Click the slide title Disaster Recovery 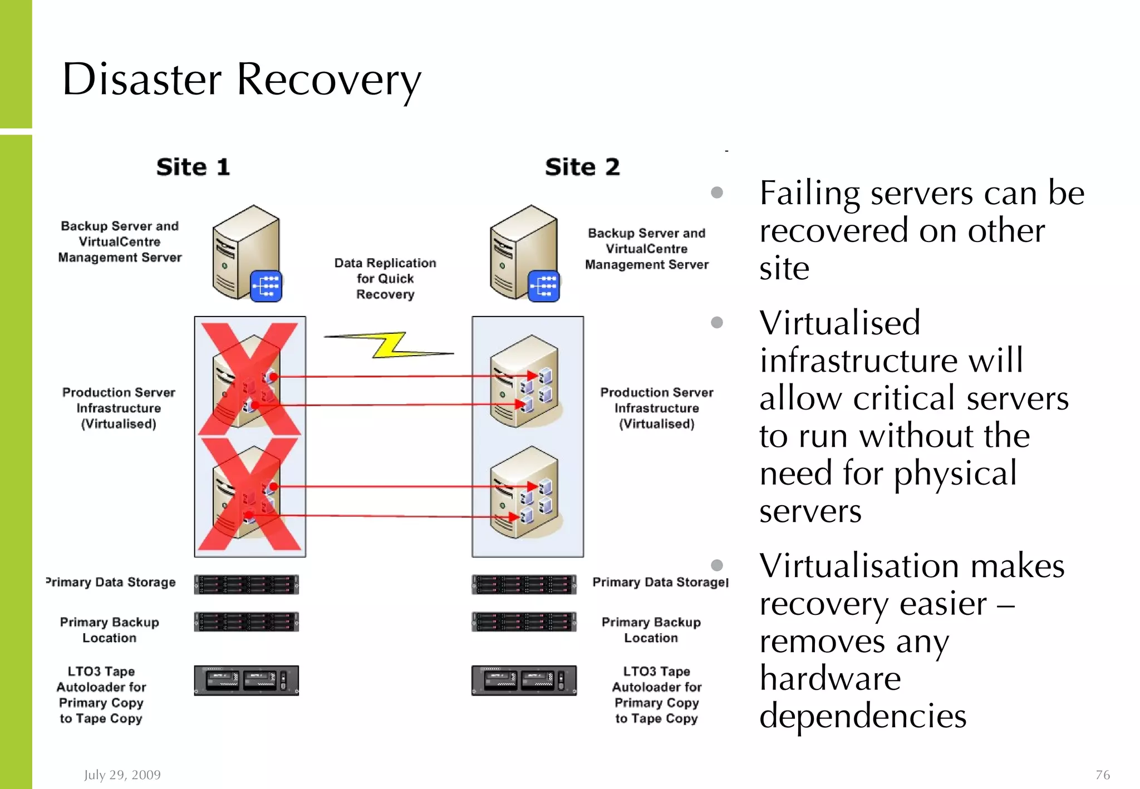tap(241, 80)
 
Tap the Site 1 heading tap(193, 167)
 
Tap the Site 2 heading tap(582, 167)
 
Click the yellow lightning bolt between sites tap(390, 346)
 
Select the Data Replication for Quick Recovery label tap(385, 278)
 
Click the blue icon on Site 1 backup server tap(266, 286)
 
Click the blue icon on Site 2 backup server tap(543, 286)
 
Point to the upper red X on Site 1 tap(249, 379)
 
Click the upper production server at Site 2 tap(523, 381)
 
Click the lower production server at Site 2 tap(523, 492)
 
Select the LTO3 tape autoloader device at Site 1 tap(246, 680)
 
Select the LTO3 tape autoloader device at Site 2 tap(524, 680)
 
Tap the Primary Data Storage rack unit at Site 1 tap(246, 584)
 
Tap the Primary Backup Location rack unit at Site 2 tap(524, 622)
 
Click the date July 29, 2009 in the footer tap(122, 775)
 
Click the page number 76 tap(1102, 775)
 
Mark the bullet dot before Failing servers tap(717, 193)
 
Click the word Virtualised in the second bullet tap(839, 323)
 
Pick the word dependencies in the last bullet tap(863, 716)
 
